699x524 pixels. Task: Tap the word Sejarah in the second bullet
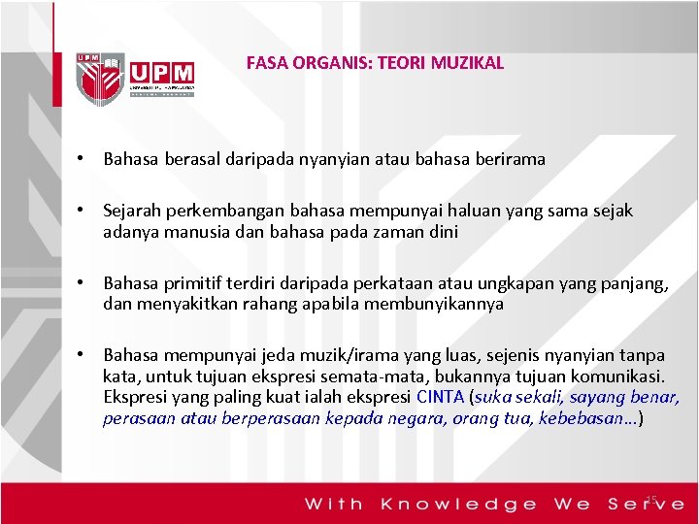131,211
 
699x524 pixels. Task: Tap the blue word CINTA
440,397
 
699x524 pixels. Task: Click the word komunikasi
615,376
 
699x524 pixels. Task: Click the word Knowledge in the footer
458,504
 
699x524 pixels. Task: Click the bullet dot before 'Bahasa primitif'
88,282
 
